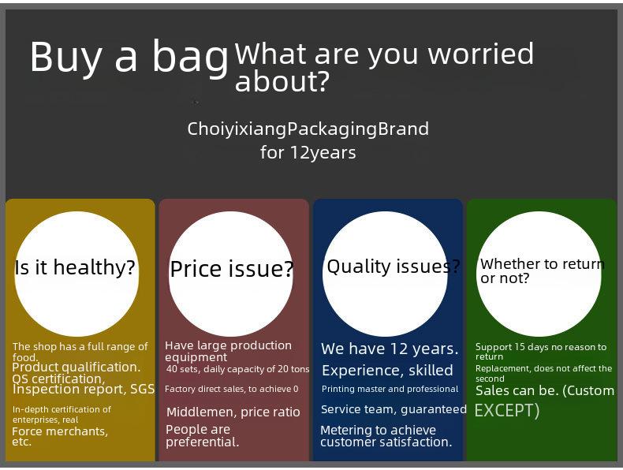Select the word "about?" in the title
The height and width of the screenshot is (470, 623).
coord(282,81)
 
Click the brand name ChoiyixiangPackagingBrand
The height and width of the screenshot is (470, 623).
coord(308,129)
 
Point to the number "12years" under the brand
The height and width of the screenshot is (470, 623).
coord(323,152)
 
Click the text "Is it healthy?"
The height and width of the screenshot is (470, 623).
coord(75,267)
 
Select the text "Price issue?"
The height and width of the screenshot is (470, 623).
coord(232,269)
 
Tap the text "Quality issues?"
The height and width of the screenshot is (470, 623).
coord(394,267)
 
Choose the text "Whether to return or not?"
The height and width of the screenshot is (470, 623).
coord(542,271)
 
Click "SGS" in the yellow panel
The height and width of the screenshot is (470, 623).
coord(143,389)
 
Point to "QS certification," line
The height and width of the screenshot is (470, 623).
coord(58,379)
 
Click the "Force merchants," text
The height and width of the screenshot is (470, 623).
coord(60,431)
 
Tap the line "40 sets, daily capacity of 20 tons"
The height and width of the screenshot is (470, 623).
coord(237,369)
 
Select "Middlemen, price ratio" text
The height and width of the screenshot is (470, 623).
coord(233,412)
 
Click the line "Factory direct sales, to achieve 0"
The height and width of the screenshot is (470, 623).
coord(232,389)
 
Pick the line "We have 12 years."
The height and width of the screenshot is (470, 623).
coord(390,349)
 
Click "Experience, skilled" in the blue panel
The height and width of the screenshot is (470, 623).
coord(387,371)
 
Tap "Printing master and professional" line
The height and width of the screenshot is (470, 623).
coord(390,389)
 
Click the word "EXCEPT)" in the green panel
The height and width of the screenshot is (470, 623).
coord(507,410)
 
